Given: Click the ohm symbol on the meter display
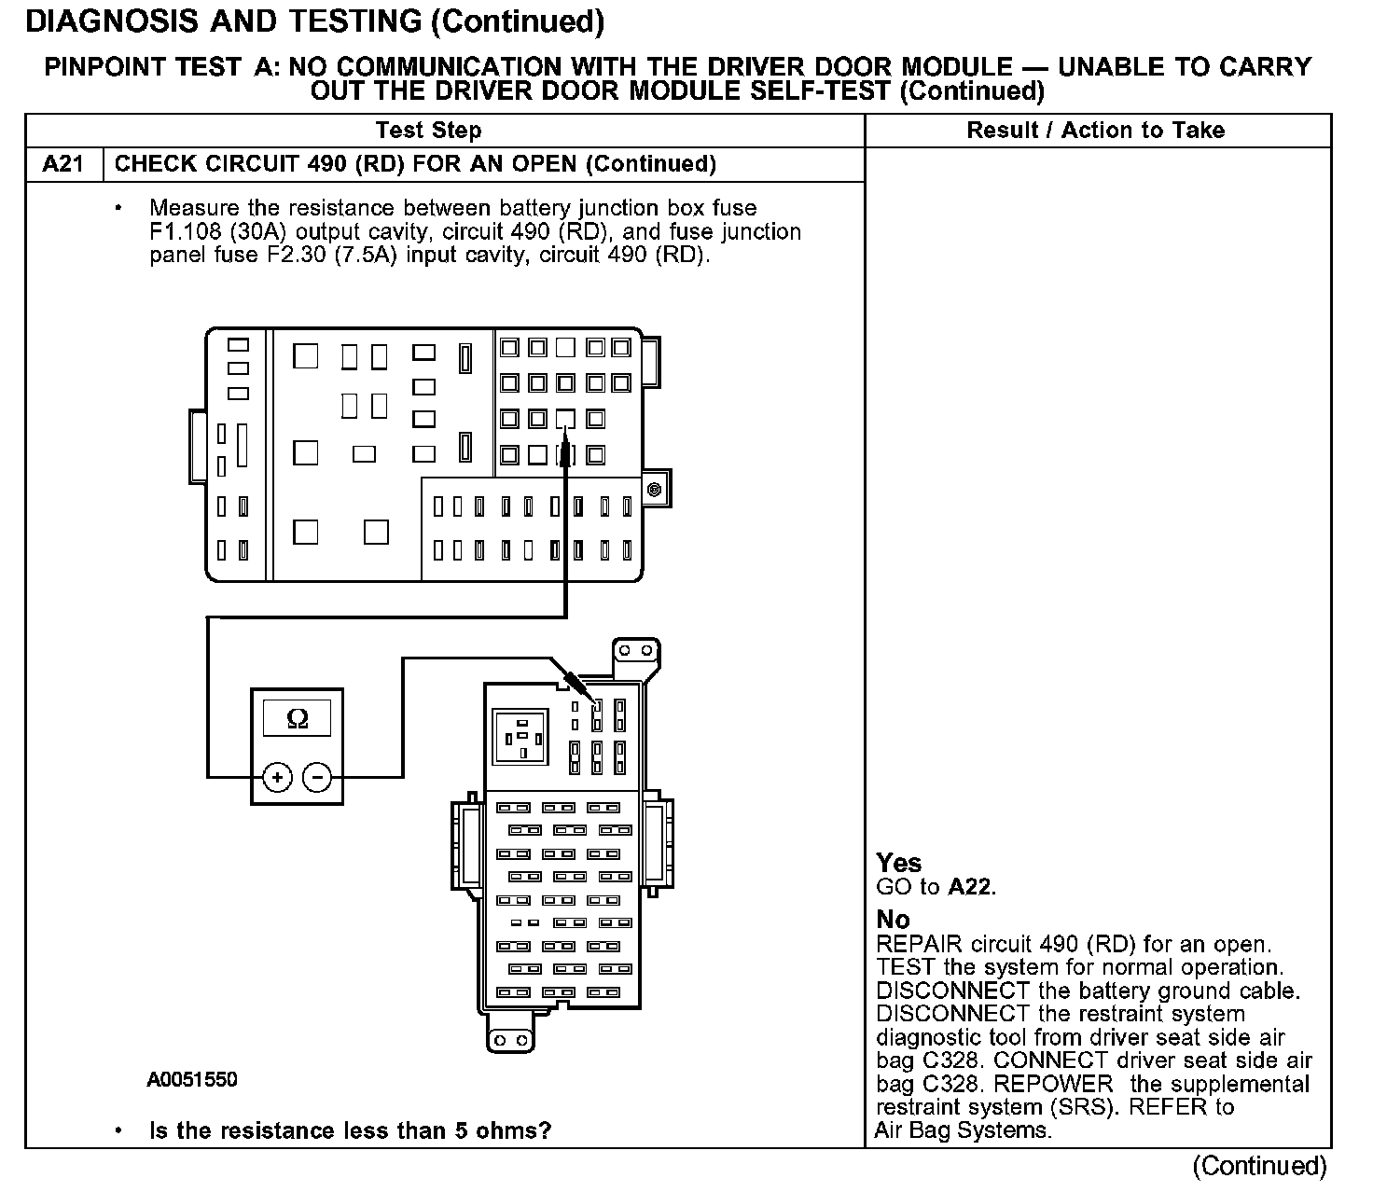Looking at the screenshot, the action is (x=298, y=718).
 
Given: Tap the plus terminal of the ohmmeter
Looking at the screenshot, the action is (x=278, y=776).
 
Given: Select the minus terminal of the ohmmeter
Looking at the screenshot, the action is (x=318, y=776).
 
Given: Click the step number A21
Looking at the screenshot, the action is (x=63, y=164).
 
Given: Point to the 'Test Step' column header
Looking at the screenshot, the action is (x=428, y=131).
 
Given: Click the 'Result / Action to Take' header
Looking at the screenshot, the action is (x=1095, y=131).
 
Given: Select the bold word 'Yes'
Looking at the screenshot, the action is (x=898, y=863).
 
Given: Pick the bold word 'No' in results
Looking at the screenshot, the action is (x=893, y=920).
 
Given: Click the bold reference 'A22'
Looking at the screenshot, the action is (x=970, y=887).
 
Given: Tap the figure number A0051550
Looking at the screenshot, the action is (x=192, y=1080).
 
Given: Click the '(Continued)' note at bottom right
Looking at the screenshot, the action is (x=1258, y=1166).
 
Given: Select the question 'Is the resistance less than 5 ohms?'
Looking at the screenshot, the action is (x=350, y=1131).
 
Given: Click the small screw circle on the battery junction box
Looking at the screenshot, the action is (x=654, y=490).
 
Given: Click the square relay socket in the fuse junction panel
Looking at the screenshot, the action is (x=523, y=738).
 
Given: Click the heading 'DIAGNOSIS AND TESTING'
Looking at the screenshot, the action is (x=225, y=21).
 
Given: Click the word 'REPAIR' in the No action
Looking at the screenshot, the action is (x=918, y=944).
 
